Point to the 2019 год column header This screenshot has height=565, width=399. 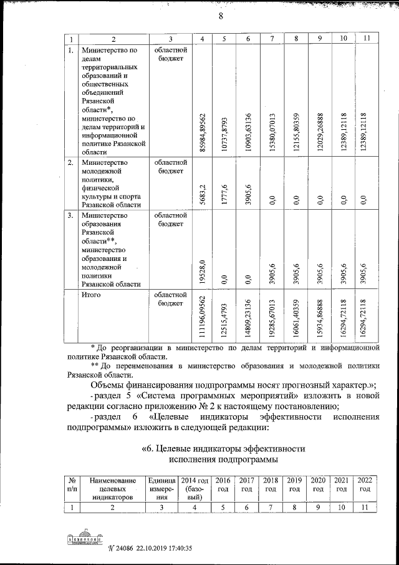click(x=294, y=484)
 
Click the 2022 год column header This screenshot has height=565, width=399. click(x=365, y=484)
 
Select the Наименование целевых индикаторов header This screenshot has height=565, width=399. click(x=112, y=489)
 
